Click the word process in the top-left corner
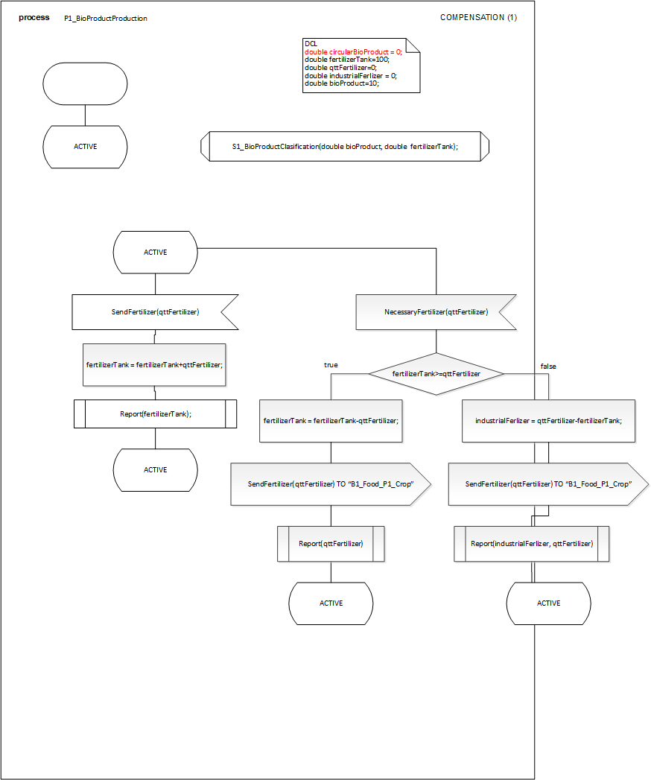click(34, 17)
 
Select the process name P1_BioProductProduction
click(106, 18)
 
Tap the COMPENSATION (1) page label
click(478, 17)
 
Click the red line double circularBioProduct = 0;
click(353, 51)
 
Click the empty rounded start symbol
click(85, 83)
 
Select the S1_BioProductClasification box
click(344, 147)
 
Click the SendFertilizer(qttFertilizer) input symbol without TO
click(155, 312)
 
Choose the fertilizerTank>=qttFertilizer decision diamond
click(436, 373)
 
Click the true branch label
click(331, 365)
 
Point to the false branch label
click(548, 366)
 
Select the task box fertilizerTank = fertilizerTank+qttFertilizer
click(155, 365)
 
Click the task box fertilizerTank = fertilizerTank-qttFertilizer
click(331, 420)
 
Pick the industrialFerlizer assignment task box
click(548, 420)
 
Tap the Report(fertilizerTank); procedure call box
click(155, 413)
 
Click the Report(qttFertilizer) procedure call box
click(331, 544)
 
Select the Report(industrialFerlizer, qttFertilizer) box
click(532, 544)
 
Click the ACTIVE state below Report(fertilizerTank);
click(155, 470)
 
